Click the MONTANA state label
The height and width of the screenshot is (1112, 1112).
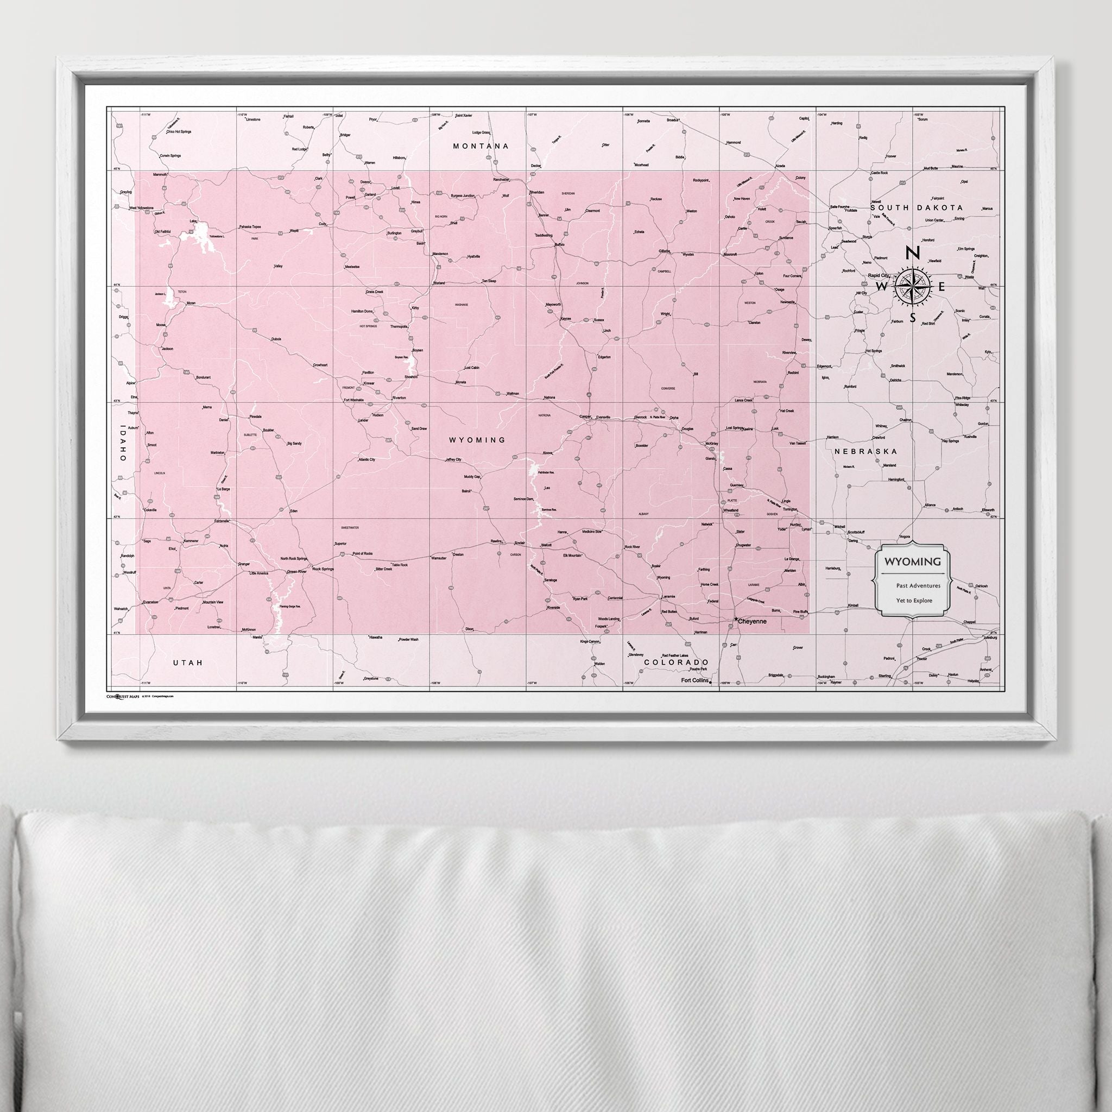point(481,146)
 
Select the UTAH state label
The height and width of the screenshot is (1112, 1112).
point(188,663)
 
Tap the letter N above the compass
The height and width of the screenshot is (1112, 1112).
point(911,252)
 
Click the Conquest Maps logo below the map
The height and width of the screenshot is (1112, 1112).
point(123,696)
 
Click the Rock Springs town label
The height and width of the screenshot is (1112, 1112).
point(323,568)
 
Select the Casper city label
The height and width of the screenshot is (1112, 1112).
point(585,416)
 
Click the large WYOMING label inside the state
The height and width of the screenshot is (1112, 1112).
point(477,440)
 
